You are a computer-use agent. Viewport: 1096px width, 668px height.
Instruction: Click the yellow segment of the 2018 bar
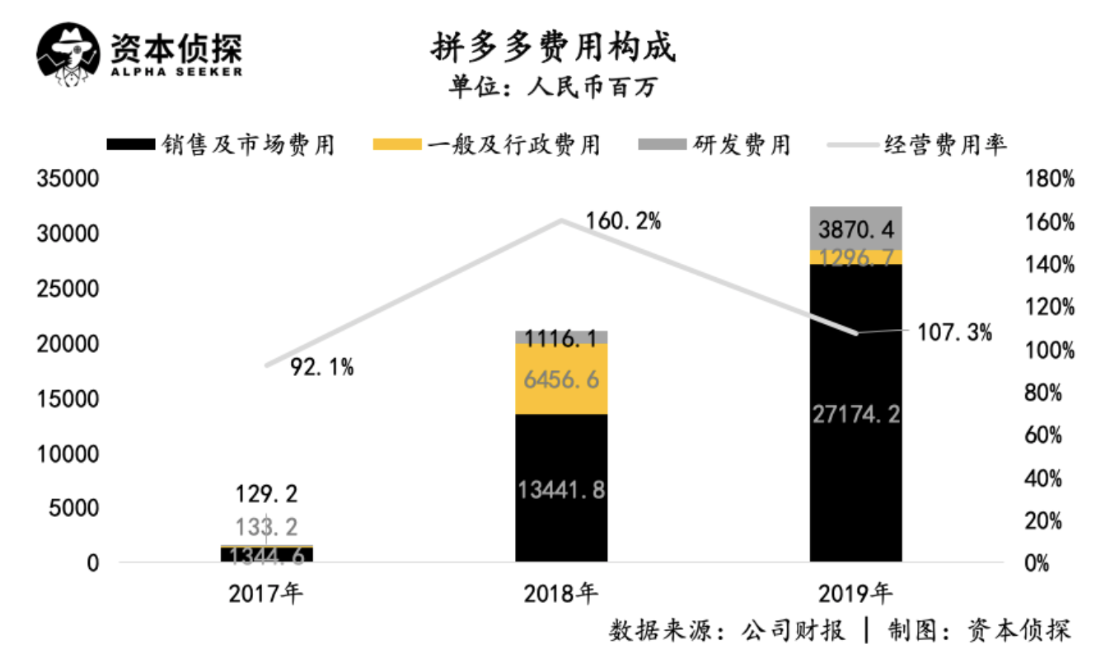point(561,379)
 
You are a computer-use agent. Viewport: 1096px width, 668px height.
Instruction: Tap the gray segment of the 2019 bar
point(855,228)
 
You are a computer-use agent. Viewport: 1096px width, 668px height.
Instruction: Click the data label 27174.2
point(855,412)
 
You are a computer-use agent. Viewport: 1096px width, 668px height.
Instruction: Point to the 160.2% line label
point(623,221)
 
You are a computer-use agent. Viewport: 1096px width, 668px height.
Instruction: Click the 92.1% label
point(321,368)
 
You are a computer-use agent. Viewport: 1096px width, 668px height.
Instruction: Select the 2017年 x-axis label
point(266,592)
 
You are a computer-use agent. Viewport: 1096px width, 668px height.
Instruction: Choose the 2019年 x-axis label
point(855,592)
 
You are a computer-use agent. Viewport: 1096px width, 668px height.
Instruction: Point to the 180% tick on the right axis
point(1050,179)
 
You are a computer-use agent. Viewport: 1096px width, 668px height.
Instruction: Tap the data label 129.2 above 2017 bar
point(267,494)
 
